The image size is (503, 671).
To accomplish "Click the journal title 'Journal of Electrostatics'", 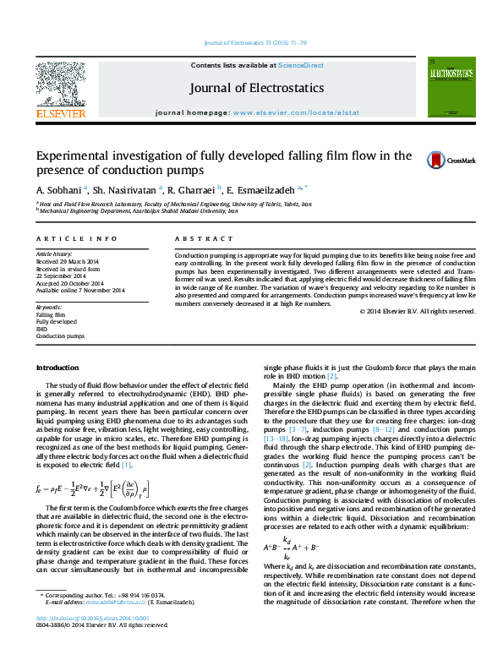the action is [x=257, y=88].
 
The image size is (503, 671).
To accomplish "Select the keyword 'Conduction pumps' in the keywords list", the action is [x=60, y=335].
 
